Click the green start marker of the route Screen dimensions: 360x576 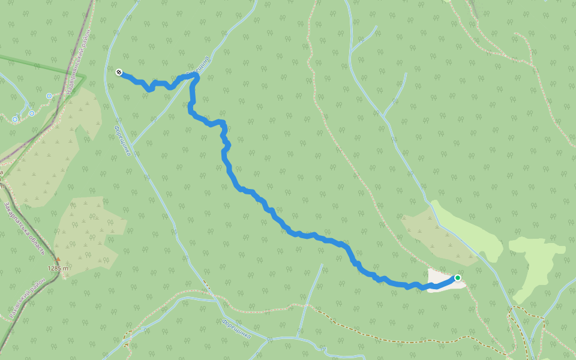coord(458,278)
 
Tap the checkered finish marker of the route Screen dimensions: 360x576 coord(119,73)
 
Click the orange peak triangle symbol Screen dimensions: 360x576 coord(58,260)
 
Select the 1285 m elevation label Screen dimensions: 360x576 coord(58,268)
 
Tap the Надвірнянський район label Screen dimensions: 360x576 coord(79,60)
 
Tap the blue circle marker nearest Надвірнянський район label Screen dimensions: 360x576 coord(49,95)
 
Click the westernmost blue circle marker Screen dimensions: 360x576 coord(15,119)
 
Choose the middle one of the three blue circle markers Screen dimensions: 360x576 coord(31,113)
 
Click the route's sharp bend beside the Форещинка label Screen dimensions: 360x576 coord(196,77)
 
